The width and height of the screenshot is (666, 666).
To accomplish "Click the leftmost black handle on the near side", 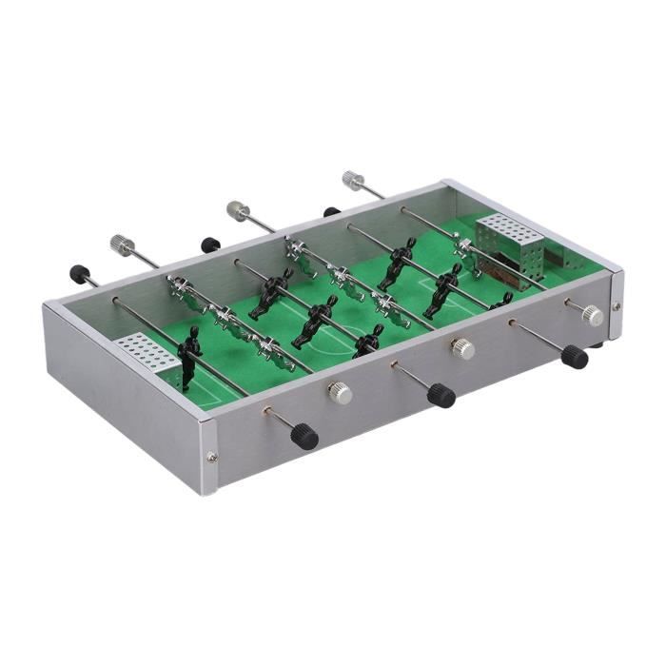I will pyautogui.click(x=304, y=436).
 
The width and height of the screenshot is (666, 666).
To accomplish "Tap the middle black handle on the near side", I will pyautogui.click(x=440, y=394).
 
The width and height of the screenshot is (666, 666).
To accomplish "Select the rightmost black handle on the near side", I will pyautogui.click(x=574, y=356).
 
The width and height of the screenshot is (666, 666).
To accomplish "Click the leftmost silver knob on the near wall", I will pyautogui.click(x=340, y=392).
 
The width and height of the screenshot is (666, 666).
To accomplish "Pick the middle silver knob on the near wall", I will pyautogui.click(x=463, y=348).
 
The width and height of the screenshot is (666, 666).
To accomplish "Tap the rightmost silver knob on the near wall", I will pyautogui.click(x=593, y=315).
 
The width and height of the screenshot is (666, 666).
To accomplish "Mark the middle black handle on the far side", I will pyautogui.click(x=210, y=245).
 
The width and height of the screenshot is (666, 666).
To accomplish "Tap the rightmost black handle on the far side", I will pyautogui.click(x=331, y=212).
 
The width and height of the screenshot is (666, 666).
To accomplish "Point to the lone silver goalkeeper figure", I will pyautogui.click(x=468, y=249).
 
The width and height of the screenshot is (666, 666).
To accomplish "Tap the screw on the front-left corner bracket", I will pyautogui.click(x=211, y=457).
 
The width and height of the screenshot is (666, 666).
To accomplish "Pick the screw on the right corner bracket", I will pyautogui.click(x=617, y=306).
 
